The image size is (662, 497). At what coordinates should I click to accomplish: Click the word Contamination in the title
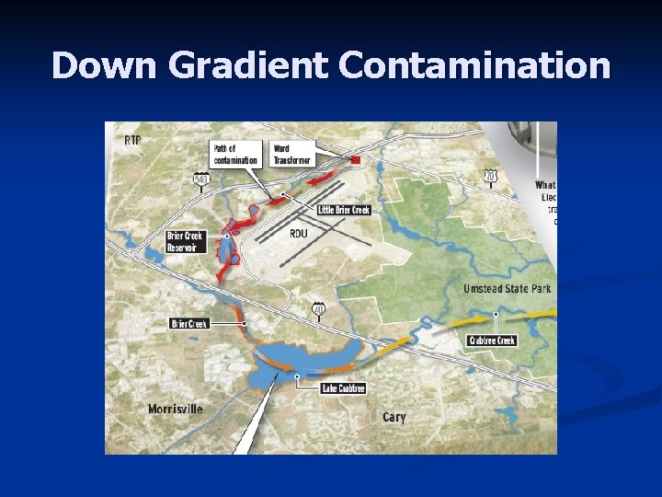point(474,66)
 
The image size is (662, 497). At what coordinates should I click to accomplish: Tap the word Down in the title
point(109,66)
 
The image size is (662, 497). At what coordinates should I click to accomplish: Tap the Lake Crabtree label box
point(343,388)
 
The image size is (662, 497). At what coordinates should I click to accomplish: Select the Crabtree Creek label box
point(493,341)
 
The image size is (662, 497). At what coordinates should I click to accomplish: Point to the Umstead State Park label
point(507,288)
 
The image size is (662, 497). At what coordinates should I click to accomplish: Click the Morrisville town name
point(176,409)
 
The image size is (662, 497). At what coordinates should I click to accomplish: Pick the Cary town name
point(394,417)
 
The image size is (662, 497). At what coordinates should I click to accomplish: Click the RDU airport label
point(298,234)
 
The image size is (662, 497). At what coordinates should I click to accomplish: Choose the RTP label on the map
point(133,140)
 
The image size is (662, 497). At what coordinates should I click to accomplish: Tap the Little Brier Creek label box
point(344,210)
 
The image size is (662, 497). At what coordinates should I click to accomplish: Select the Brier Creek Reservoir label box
point(186,241)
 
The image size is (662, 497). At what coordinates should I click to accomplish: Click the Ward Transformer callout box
point(293,154)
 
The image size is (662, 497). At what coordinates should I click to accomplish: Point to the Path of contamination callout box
point(235,154)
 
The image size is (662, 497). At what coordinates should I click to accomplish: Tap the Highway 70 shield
point(492,175)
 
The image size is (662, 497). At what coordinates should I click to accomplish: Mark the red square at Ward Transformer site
point(355,160)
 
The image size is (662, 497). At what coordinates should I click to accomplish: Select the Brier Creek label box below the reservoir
point(189,323)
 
